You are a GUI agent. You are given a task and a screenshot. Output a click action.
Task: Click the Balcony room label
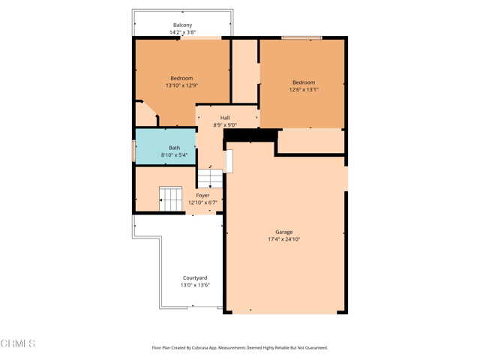point(182,25)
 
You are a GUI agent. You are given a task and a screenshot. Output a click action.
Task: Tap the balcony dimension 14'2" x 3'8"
point(182,33)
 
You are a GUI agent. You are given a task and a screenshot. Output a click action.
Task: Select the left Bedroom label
point(181,78)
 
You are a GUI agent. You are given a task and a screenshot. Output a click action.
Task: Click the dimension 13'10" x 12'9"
point(181,85)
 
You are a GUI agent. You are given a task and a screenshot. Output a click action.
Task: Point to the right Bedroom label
point(304,82)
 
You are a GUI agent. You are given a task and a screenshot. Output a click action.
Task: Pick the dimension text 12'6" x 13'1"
point(304,90)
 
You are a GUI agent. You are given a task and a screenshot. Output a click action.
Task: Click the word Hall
point(225,118)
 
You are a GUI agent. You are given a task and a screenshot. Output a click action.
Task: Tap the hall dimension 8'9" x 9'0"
point(225,125)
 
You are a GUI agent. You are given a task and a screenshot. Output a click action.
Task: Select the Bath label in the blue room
point(174,148)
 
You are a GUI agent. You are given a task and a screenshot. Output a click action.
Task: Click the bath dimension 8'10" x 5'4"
point(174,155)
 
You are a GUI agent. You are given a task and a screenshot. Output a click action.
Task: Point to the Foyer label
point(202,195)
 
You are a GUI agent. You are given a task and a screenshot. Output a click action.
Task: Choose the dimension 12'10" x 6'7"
point(202,202)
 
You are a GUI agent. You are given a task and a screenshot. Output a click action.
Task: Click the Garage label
point(284,232)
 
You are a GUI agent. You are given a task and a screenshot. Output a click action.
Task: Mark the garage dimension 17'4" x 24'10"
point(284,239)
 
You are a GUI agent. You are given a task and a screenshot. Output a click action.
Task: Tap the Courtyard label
point(195,277)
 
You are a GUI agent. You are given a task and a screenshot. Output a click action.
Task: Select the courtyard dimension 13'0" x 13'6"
point(195,285)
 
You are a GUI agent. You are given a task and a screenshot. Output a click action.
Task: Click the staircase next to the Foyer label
point(171,199)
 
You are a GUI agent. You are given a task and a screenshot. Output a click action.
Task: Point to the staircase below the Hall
point(210,178)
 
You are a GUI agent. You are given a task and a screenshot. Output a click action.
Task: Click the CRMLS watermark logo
point(18,343)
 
